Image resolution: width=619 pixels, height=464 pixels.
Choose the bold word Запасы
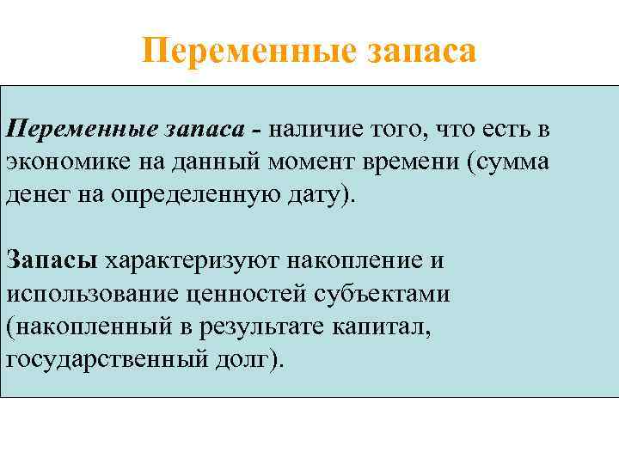[52, 259]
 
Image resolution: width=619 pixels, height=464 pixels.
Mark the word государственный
[104, 357]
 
